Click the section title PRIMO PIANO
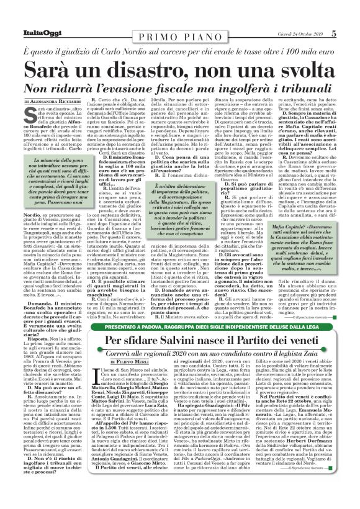point(180,17)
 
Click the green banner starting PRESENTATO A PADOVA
point(180,324)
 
